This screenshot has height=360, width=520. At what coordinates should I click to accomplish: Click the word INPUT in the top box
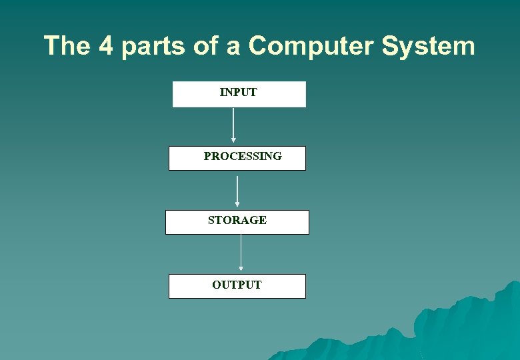(x=238, y=93)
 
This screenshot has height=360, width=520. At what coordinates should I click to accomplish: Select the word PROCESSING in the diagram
(x=243, y=156)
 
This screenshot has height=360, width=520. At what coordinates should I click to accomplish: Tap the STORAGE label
(x=237, y=220)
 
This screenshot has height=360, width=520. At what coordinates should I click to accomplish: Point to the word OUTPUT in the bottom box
(x=237, y=285)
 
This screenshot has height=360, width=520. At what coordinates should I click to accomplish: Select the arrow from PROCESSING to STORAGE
(x=237, y=191)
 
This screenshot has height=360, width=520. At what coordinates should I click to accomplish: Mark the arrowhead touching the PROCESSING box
(x=233, y=140)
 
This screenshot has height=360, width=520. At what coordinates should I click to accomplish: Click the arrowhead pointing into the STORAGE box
(x=237, y=205)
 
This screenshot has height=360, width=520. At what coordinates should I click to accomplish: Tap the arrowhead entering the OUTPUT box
(x=241, y=269)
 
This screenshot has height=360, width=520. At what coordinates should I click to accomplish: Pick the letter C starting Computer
(x=259, y=46)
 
